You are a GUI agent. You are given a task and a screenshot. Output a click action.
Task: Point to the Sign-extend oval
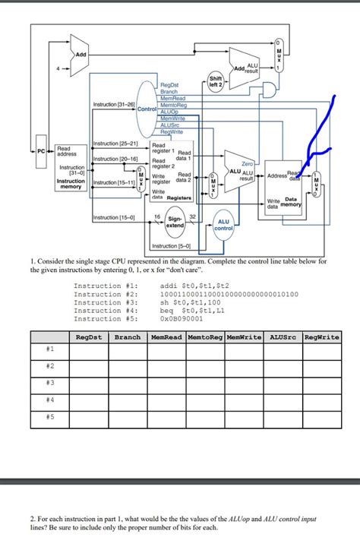pyautogui.click(x=175, y=223)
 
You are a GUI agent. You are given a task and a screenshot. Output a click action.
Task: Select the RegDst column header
pyautogui.click(x=89, y=336)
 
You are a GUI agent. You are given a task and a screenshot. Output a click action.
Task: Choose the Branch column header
pyautogui.click(x=128, y=336)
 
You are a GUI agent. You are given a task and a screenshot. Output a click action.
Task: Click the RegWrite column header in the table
pyautogui.click(x=321, y=336)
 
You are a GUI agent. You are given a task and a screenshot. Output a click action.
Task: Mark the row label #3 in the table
pyautogui.click(x=49, y=382)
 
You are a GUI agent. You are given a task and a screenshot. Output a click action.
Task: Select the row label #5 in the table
pyautogui.click(x=49, y=415)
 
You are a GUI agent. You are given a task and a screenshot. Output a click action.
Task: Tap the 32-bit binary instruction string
pyautogui.click(x=229, y=294)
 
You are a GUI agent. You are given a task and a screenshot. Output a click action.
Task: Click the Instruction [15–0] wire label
pyautogui.click(x=114, y=218)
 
